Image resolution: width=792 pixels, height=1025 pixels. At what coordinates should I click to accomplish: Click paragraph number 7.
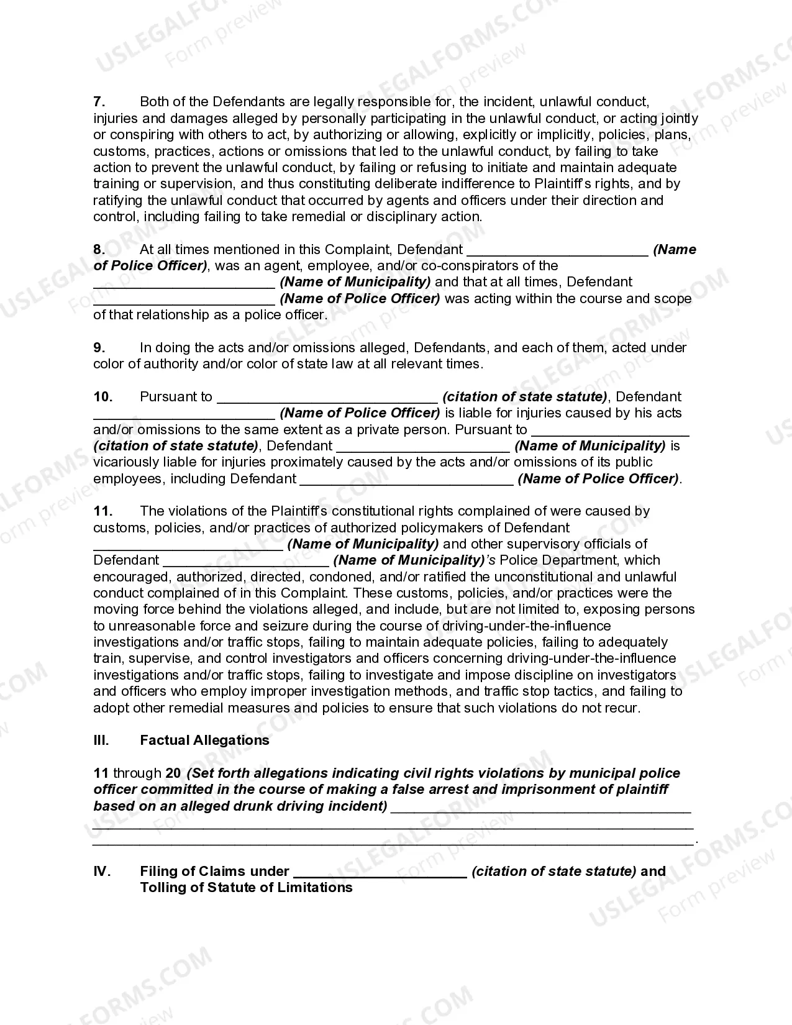coord(98,102)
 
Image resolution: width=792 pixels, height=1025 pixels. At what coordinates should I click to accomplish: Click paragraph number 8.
coord(98,250)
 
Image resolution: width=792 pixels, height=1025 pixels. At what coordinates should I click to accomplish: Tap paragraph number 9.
coord(99,348)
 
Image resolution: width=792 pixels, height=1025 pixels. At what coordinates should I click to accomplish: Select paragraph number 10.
coord(102,397)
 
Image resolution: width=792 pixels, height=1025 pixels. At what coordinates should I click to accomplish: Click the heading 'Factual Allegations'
coord(204,740)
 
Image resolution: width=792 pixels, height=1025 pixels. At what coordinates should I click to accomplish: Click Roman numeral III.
coord(101,740)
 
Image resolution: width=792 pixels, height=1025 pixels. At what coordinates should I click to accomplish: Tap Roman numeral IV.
coord(101,872)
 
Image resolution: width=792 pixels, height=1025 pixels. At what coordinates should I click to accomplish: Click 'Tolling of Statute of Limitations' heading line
coord(246,888)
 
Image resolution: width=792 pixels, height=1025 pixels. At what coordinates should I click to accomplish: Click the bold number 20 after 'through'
coord(173,773)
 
